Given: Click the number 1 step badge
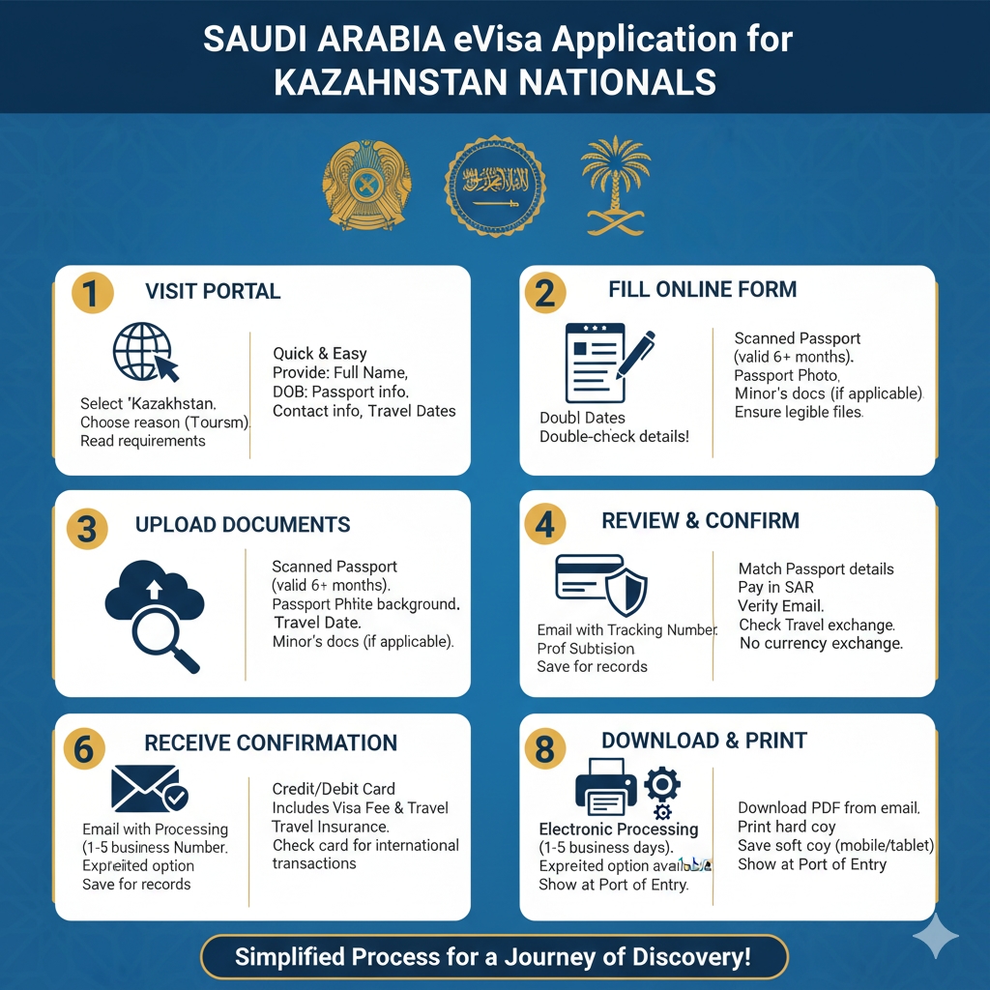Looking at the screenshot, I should [x=91, y=293].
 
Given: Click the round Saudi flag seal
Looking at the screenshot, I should [x=494, y=186].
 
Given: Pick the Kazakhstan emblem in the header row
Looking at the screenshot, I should [x=366, y=186].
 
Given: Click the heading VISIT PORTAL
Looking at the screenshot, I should [x=213, y=291].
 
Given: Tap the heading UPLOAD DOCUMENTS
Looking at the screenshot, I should [x=243, y=525].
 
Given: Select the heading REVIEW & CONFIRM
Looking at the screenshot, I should [x=700, y=520].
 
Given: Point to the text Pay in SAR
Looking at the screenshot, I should [x=776, y=588].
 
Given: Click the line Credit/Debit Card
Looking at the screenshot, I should [x=334, y=789].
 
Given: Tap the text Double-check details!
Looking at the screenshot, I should [x=614, y=436].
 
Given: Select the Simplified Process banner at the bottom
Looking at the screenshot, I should [x=494, y=958].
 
